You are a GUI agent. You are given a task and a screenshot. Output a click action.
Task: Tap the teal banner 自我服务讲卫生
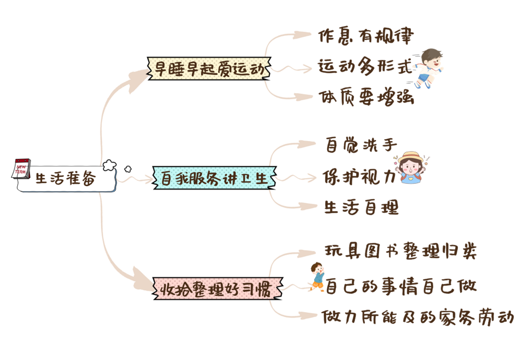(215, 178)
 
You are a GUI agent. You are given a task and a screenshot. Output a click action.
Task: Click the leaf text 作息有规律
(365, 36)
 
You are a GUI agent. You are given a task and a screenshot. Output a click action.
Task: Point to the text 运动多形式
(364, 67)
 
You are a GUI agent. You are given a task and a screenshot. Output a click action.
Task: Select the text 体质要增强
(366, 97)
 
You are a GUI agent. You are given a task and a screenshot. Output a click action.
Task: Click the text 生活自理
(361, 207)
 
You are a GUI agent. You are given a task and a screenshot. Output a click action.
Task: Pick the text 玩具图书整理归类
(401, 252)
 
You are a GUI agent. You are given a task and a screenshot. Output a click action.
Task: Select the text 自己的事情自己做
(401, 285)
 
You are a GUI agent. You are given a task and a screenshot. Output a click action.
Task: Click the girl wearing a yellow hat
(413, 167)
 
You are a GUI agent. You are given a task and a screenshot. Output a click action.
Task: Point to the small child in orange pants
(318, 277)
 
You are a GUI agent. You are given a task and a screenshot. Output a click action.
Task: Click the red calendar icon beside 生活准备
(22, 168)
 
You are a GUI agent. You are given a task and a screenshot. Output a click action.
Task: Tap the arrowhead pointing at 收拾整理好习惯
(143, 280)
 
